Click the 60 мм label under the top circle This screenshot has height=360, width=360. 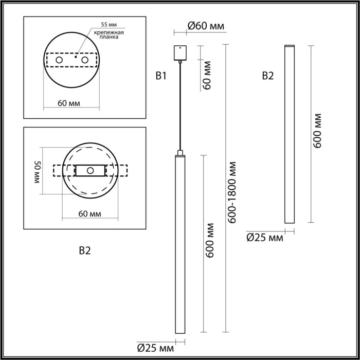(69, 103)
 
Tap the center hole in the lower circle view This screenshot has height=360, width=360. (89, 170)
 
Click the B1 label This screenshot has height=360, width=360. (161, 77)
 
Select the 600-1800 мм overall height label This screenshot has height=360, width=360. (233, 192)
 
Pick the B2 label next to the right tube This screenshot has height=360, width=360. (268, 77)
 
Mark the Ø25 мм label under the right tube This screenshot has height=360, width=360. (265, 237)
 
